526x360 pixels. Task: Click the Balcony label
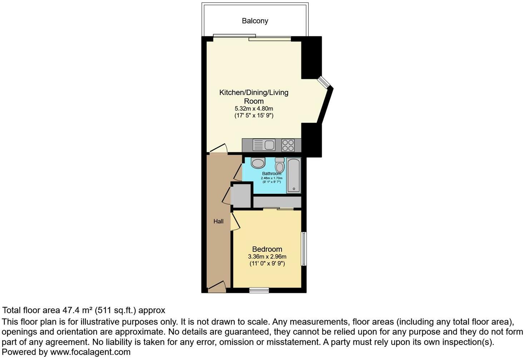255,21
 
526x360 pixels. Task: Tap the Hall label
218,221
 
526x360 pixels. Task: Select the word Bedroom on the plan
267,249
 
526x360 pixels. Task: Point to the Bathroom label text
272,174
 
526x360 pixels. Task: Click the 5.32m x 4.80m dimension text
254,108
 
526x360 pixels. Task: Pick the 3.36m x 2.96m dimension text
267,257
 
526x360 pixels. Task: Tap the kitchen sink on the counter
264,145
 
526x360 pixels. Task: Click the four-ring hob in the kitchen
288,145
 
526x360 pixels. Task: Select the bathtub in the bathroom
294,176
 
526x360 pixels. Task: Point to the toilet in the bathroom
279,166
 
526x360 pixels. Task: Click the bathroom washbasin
258,163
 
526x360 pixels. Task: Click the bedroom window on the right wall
303,249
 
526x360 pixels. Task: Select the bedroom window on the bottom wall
259,290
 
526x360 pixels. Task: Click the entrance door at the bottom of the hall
217,286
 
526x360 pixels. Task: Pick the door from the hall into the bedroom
235,221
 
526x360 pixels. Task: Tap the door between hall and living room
218,149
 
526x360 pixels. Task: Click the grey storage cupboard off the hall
241,195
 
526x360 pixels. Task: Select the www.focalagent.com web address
90,352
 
